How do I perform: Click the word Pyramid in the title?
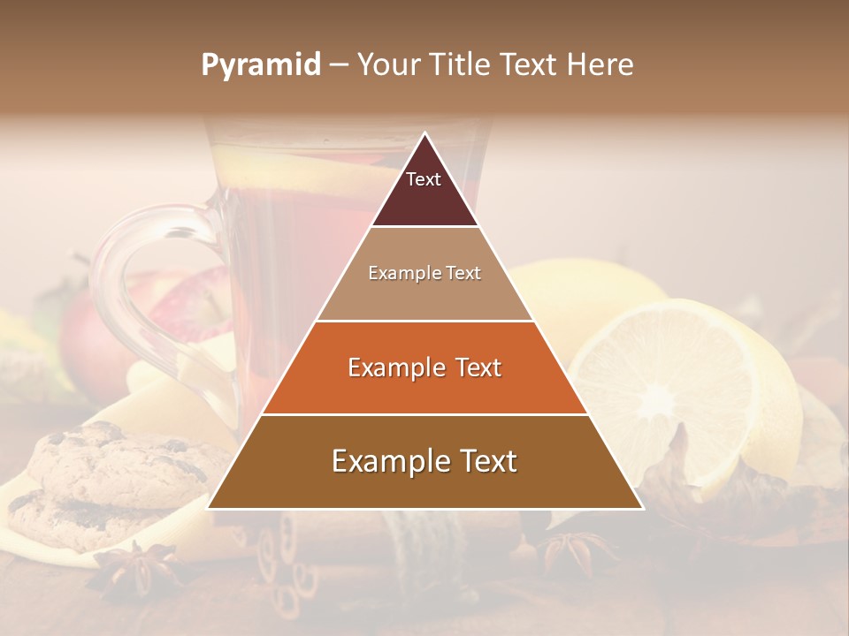(260, 65)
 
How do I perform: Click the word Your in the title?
(389, 65)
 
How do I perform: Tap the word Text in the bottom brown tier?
(485, 461)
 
